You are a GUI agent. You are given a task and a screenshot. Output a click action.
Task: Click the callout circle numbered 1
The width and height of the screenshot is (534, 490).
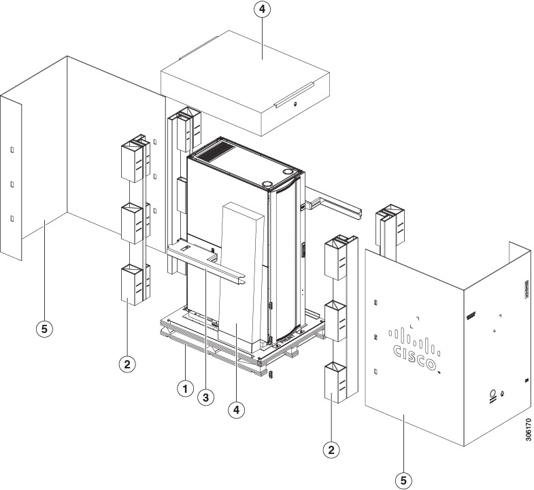183,389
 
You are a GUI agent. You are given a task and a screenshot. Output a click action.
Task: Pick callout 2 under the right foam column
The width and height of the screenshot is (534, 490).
331,449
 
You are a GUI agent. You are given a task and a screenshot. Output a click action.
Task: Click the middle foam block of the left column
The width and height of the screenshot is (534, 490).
133,222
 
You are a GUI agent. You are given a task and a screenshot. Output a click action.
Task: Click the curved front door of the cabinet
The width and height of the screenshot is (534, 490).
286,258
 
